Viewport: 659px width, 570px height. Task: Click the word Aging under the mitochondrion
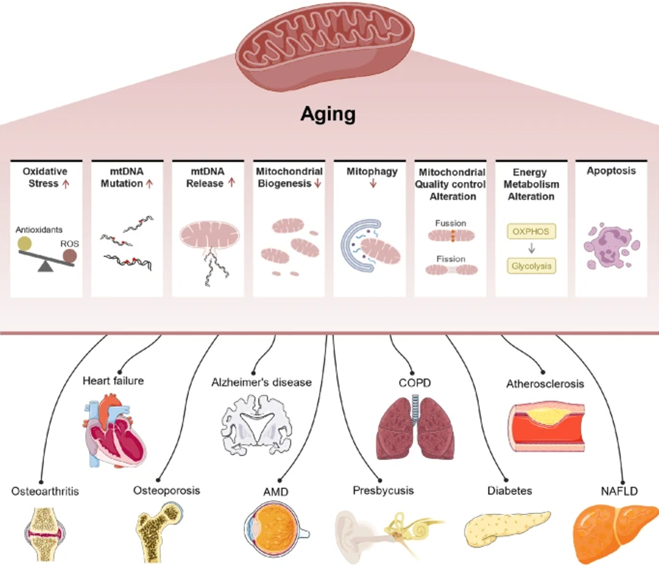(328, 114)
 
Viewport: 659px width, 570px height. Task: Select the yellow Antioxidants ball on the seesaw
(24, 243)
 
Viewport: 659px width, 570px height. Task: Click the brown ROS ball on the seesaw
(69, 255)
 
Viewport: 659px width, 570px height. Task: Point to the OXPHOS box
(531, 231)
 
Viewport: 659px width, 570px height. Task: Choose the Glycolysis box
(531, 266)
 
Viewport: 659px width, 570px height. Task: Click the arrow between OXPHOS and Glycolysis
(531, 248)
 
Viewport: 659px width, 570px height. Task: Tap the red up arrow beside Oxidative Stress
(66, 184)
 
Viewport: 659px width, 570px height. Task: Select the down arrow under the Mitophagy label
(373, 183)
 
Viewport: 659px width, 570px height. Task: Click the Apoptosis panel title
(611, 171)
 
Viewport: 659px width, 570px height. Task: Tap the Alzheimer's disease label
(261, 382)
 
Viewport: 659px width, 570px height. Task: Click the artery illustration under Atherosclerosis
(545, 426)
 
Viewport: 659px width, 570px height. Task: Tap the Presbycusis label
(383, 491)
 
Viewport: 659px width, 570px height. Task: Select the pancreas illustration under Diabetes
(506, 527)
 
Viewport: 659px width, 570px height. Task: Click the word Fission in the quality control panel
(450, 259)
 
